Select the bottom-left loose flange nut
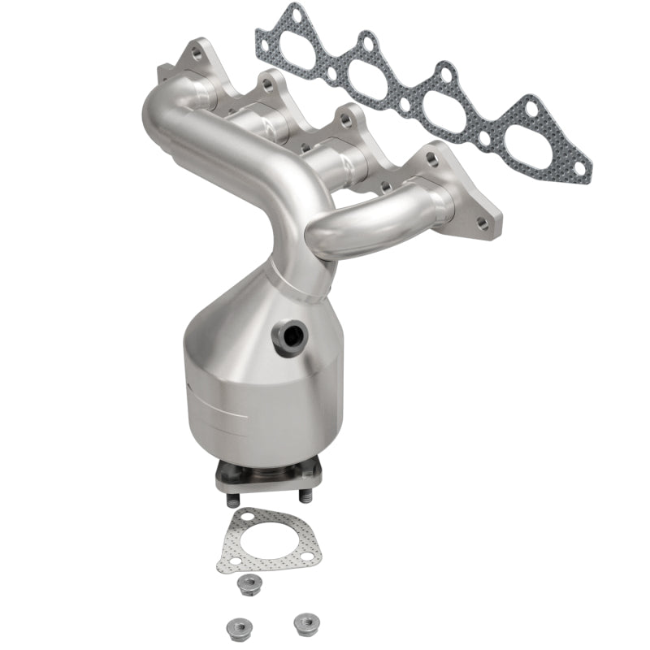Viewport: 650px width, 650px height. [229, 626]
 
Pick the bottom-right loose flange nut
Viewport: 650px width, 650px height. [304, 621]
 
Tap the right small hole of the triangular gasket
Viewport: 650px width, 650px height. [306, 557]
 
